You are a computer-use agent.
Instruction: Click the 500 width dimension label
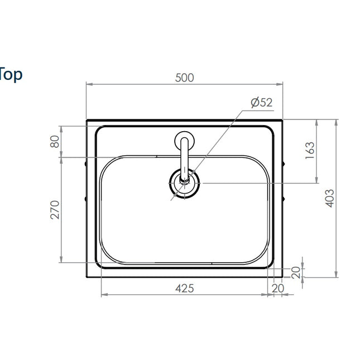pyautogui.click(x=184, y=78)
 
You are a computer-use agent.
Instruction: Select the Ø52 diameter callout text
pyautogui.click(x=262, y=102)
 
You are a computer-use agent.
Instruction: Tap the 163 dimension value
pyautogui.click(x=310, y=151)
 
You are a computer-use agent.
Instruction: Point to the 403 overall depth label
pyautogui.click(x=330, y=198)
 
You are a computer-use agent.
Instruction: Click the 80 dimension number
pyautogui.click(x=55, y=141)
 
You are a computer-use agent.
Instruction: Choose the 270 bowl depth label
pyautogui.click(x=55, y=210)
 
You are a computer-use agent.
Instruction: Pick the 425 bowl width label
pyautogui.click(x=185, y=289)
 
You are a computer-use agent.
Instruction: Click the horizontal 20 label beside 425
pyautogui.click(x=278, y=289)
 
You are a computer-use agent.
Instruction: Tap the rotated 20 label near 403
pyautogui.click(x=296, y=272)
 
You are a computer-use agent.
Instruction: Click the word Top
pyautogui.click(x=11, y=74)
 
